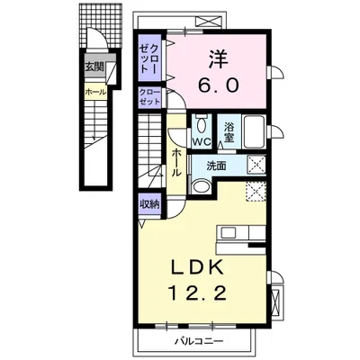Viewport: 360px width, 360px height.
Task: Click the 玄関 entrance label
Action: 94,67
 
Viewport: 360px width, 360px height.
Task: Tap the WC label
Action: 202,141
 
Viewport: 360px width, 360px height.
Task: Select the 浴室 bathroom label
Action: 229,132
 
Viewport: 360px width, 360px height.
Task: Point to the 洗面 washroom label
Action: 216,166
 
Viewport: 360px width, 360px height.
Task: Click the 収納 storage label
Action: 149,205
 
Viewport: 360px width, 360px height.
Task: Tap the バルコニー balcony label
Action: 199,341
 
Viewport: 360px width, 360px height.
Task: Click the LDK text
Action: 197,266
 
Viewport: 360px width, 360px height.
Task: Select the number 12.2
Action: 198,292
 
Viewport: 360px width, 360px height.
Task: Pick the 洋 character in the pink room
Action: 219,60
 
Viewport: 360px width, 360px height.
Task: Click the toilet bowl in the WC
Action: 200,125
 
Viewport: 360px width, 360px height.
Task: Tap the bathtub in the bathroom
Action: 254,131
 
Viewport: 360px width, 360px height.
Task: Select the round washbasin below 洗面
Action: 201,186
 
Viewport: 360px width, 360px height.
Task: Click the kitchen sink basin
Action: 229,232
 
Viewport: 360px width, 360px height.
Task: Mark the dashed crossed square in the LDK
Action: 256,192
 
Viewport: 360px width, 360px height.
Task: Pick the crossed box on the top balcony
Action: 207,22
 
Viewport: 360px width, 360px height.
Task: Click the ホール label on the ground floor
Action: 95,92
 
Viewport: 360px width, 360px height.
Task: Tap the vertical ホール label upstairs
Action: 176,163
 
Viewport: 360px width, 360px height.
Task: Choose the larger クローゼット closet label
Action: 149,59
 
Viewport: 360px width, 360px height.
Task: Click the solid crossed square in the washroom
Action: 256,165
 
